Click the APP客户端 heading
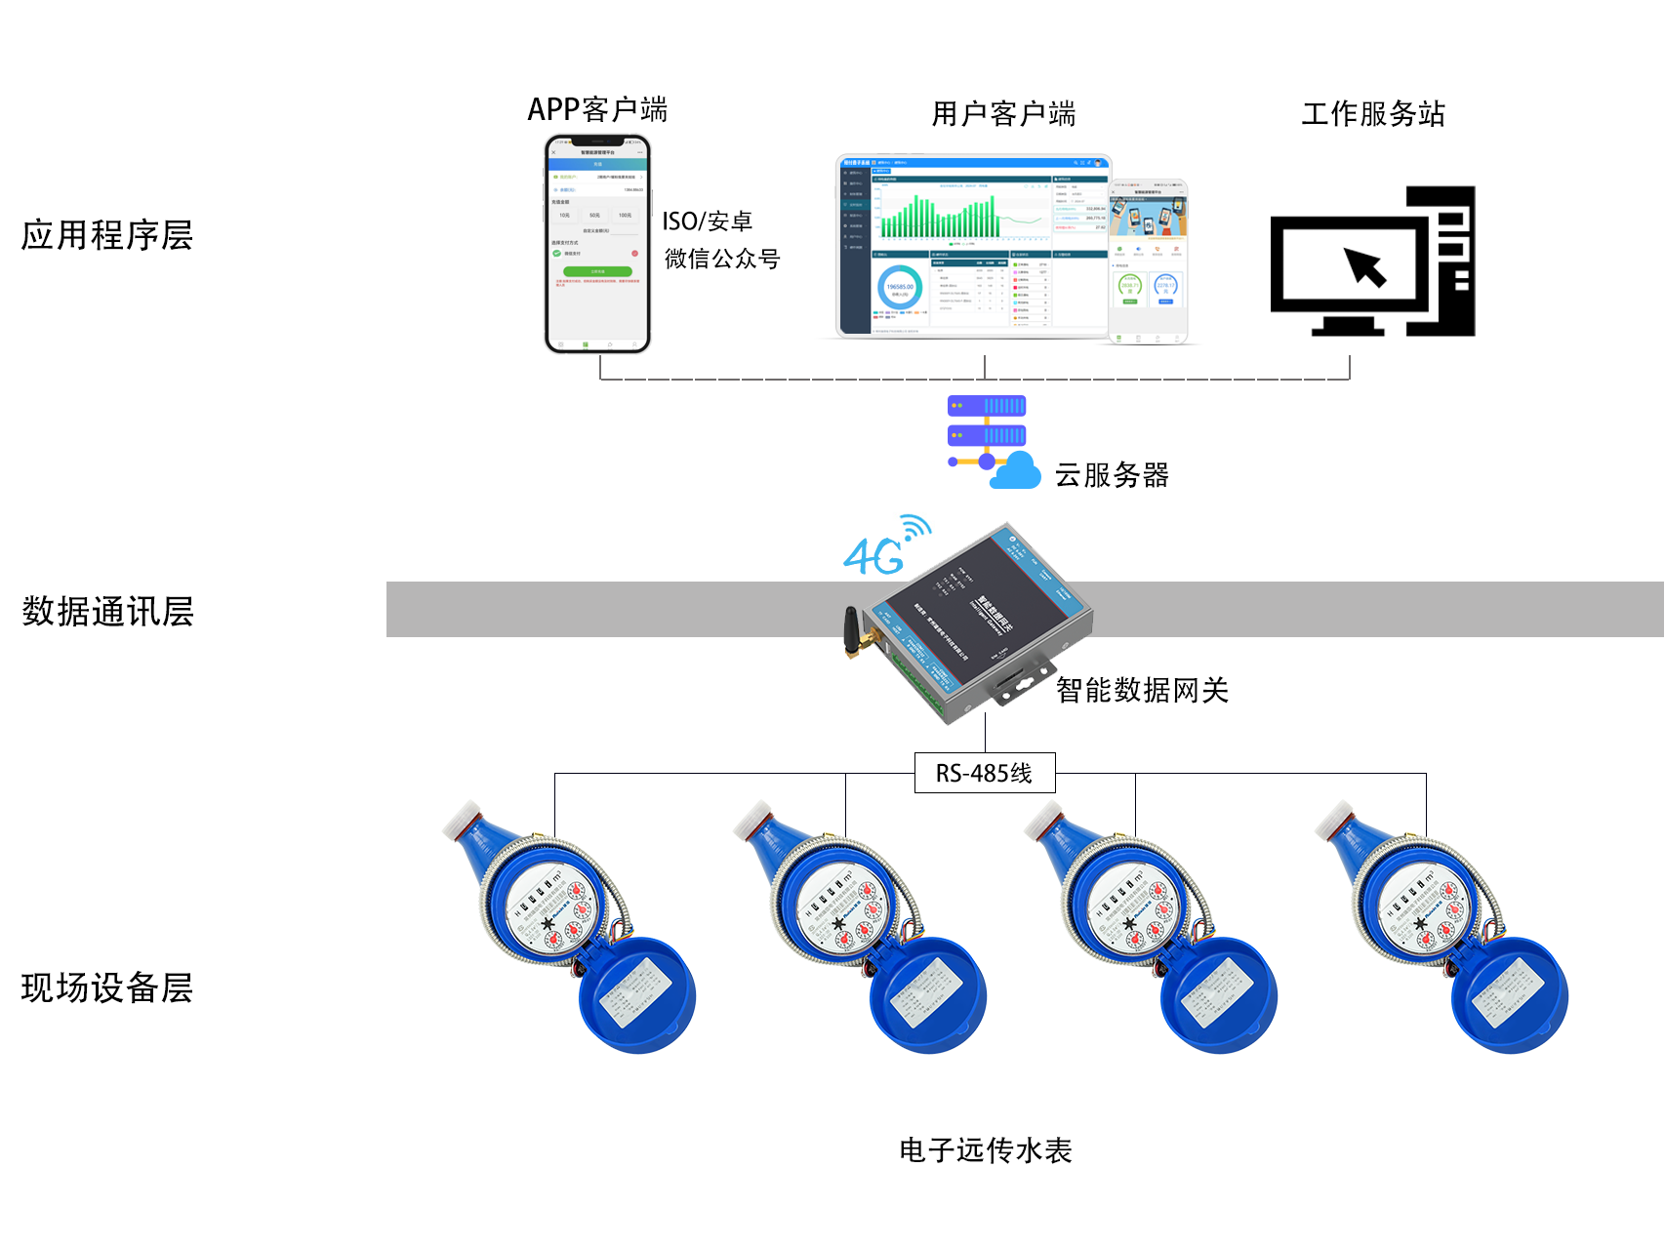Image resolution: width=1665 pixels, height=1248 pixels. coord(597,109)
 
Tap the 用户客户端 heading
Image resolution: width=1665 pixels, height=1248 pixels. coord(1003,114)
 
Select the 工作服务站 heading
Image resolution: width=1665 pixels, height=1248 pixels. coord(1372,114)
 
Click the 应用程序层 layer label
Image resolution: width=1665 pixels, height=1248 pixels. coord(107,235)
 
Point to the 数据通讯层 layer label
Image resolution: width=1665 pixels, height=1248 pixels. coord(107,612)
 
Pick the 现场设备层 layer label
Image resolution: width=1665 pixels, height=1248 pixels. coord(107,987)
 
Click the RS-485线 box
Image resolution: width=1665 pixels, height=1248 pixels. coord(984,773)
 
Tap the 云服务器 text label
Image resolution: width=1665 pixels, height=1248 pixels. coord(1112,475)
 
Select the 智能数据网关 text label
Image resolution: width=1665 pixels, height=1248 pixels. coord(1142,691)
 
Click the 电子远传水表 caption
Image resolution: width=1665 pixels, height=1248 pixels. coord(985,1150)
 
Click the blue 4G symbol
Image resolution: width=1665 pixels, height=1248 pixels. coord(874,555)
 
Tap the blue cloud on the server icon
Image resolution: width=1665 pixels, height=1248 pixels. coord(1016,471)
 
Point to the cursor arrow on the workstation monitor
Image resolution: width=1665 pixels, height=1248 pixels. coord(1365,266)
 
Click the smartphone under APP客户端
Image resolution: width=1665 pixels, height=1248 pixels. coord(597,244)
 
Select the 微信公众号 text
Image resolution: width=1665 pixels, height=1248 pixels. coord(722,260)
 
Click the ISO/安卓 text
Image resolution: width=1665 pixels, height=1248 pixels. coord(707,221)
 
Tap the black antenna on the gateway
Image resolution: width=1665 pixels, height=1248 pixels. coord(851,633)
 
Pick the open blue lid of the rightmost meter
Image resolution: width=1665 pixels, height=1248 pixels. coord(1509,995)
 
